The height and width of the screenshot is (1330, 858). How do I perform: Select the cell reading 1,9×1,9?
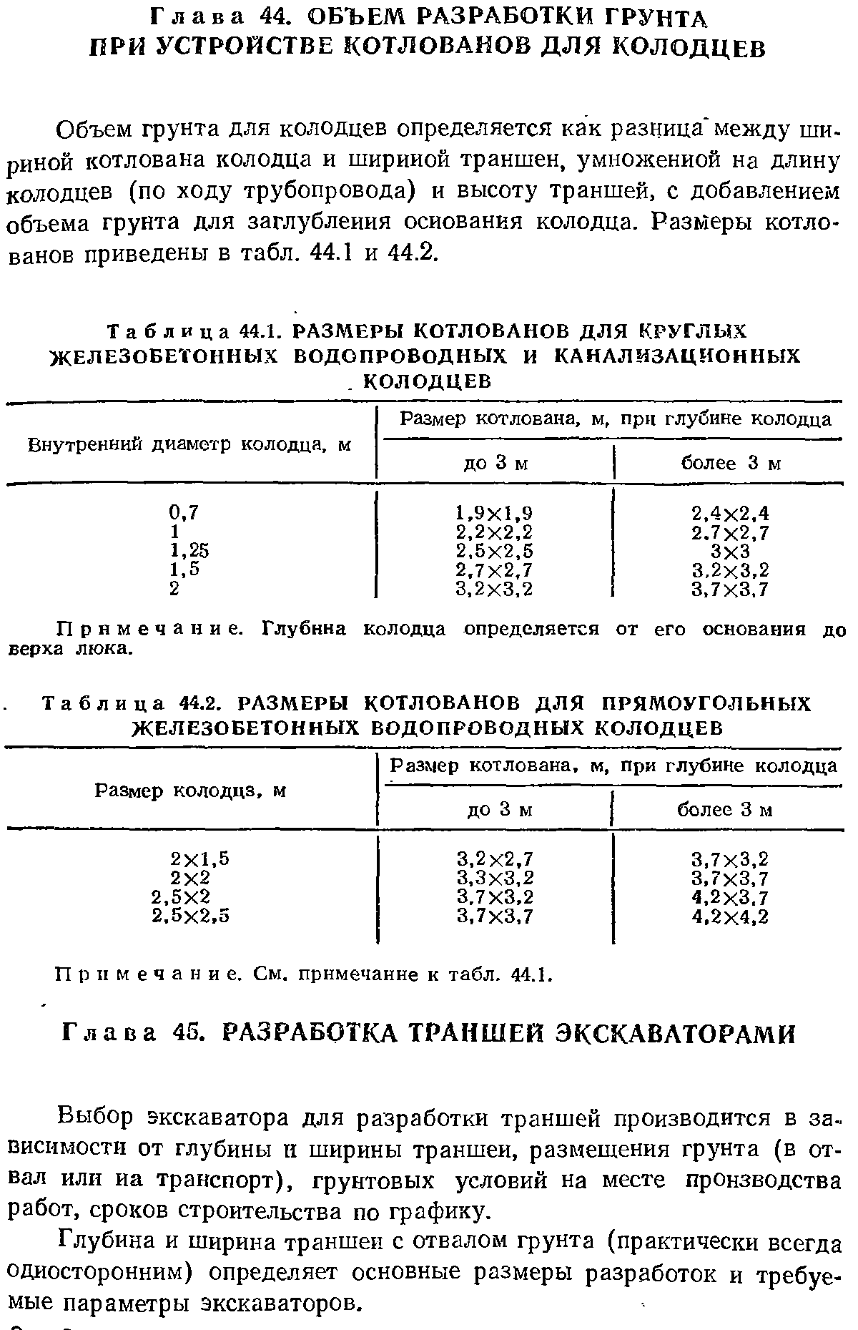[x=494, y=513]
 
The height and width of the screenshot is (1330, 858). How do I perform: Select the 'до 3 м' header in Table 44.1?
[x=495, y=464]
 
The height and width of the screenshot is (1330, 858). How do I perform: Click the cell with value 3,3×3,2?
[x=495, y=878]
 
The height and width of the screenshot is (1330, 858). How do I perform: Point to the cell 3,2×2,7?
[x=495, y=859]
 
